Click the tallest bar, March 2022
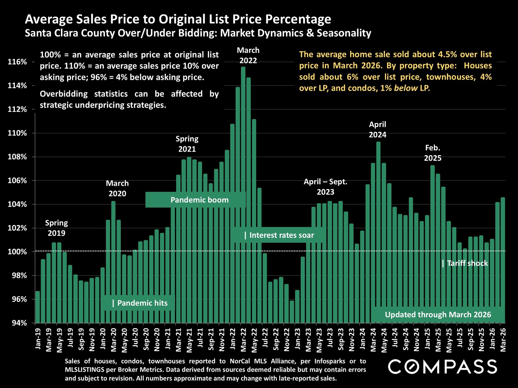tap(243, 194)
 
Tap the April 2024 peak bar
tap(378, 232)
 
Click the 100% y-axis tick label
tap(17, 252)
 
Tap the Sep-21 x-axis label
tap(211, 339)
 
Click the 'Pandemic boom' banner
tap(199, 200)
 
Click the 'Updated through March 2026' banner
tap(438, 314)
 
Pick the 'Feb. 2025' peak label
tap(432, 153)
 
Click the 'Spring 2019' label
tap(56, 228)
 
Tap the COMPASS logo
tap(442, 367)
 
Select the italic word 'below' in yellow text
tap(405, 88)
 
